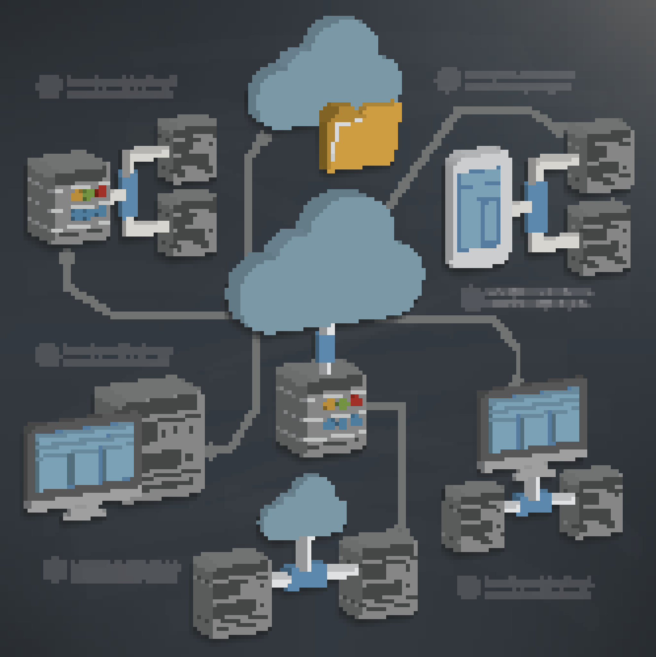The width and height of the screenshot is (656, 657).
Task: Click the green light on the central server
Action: click(x=343, y=404)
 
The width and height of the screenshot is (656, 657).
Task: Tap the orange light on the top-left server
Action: click(x=77, y=196)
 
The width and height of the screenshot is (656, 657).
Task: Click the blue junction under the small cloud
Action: click(x=306, y=575)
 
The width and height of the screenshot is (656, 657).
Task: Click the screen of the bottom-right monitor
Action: click(x=534, y=420)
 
